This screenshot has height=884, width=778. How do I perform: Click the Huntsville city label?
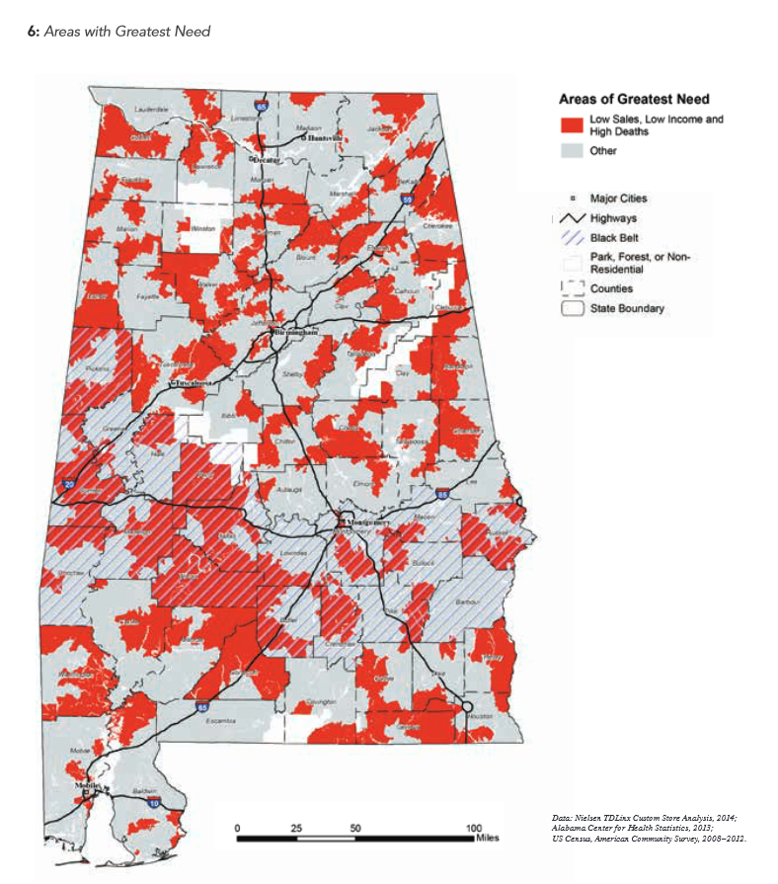pos(324,138)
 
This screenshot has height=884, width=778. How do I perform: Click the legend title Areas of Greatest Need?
pos(634,99)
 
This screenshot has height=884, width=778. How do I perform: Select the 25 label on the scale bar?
pos(296,827)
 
